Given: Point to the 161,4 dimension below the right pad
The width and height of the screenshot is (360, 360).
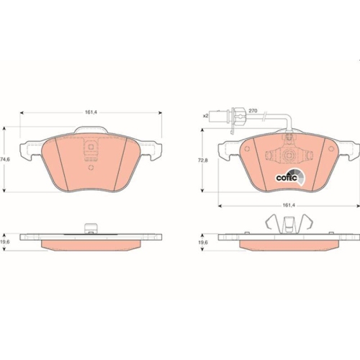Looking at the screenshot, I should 288,205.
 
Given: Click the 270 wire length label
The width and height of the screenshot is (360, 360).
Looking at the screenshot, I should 252,110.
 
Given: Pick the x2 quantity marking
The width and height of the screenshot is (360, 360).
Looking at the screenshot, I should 206,115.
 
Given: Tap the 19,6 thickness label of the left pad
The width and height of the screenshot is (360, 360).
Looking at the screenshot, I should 5,243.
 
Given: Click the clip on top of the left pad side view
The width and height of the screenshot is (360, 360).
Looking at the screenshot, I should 90,230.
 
